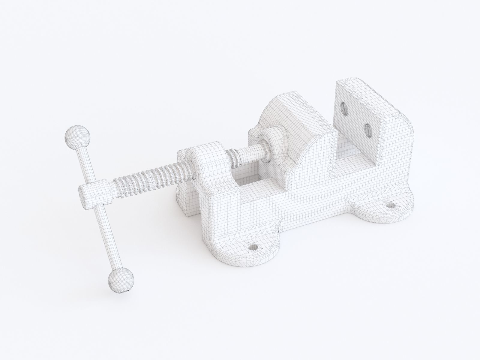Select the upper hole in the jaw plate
343,109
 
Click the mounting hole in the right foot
391,206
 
